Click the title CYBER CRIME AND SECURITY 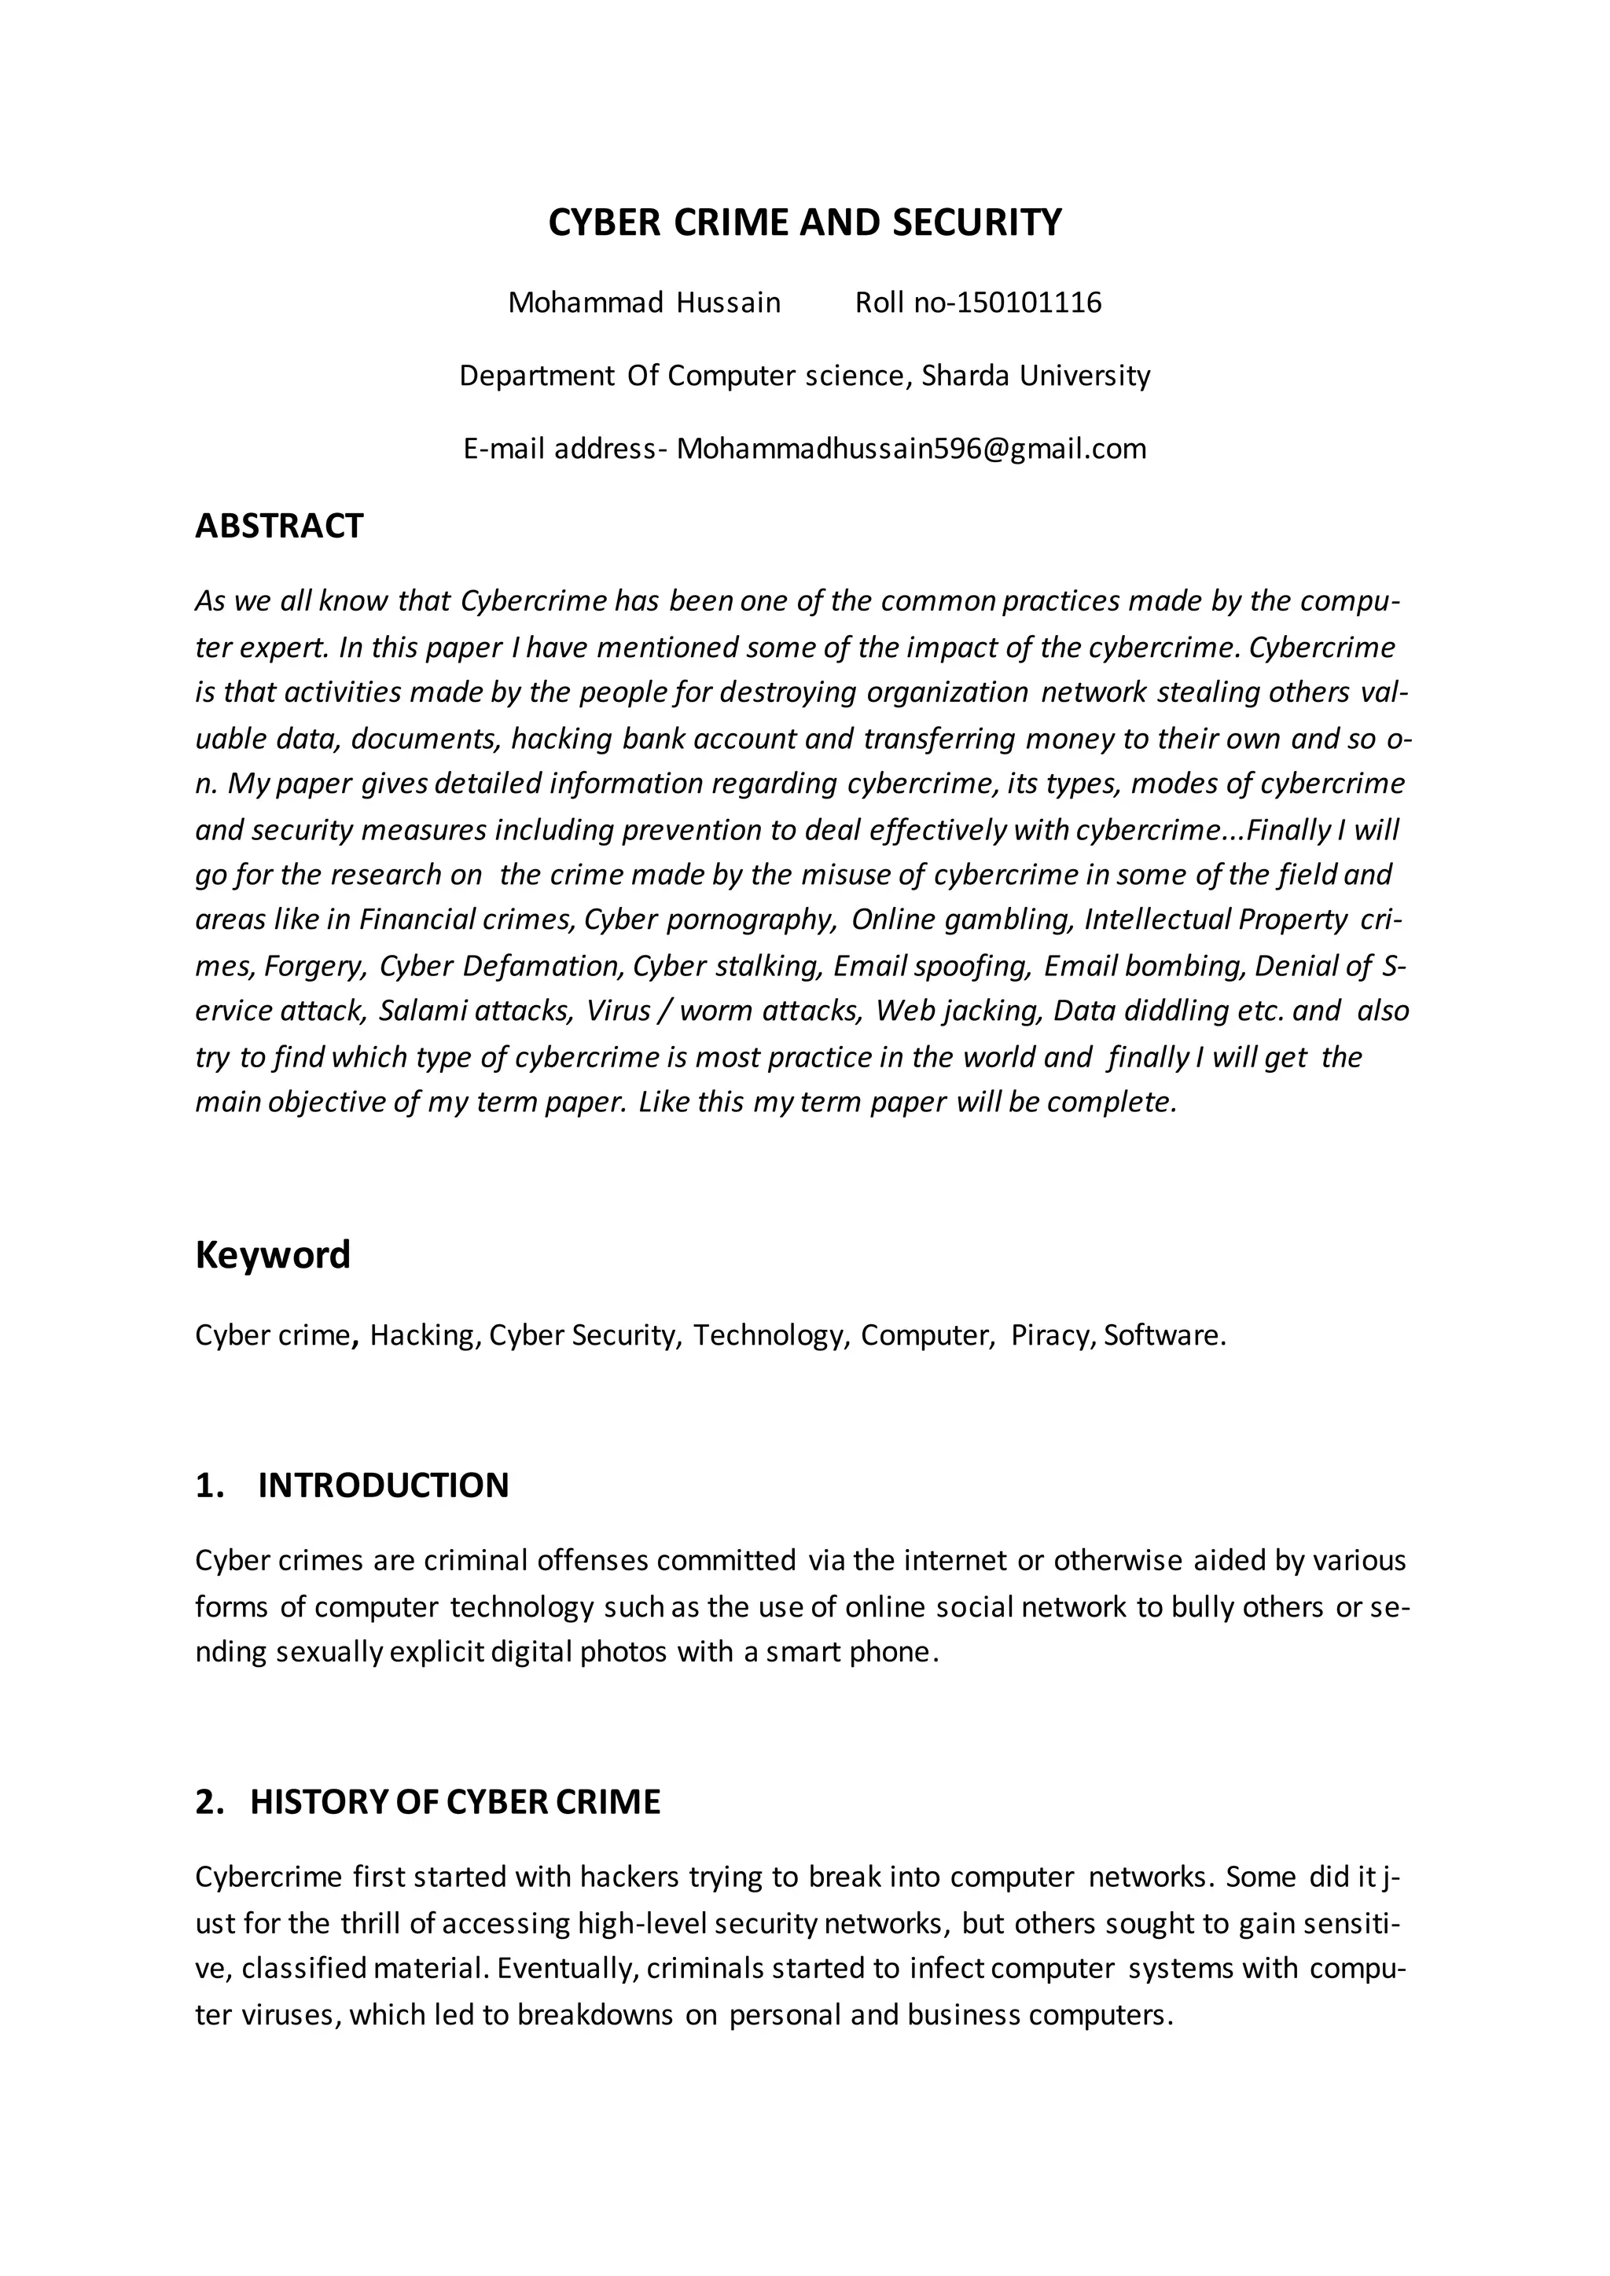pos(804,222)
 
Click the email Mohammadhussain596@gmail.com pos(911,449)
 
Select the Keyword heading pos(273,1255)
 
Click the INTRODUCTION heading pos(383,1485)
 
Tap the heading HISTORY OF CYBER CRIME pos(455,1801)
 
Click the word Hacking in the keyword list pos(425,1335)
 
